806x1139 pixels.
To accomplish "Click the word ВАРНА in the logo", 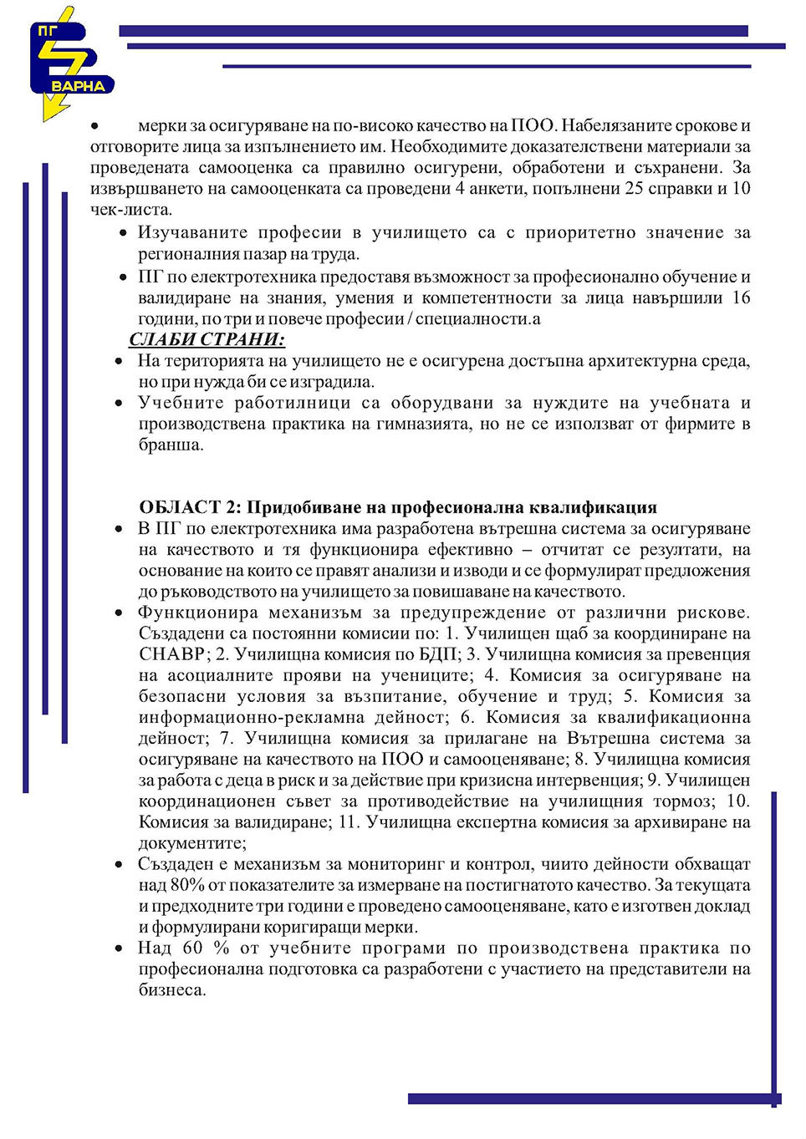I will click(x=78, y=86).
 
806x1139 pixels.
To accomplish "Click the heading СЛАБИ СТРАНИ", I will click(x=207, y=339).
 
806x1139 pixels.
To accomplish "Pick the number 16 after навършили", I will click(x=741, y=297).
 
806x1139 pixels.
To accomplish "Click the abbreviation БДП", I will click(x=438, y=654).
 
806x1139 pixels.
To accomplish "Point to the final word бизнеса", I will click(x=171, y=990).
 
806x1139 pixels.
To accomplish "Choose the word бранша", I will click(x=171, y=445).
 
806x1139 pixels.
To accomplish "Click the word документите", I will click(x=192, y=843).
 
